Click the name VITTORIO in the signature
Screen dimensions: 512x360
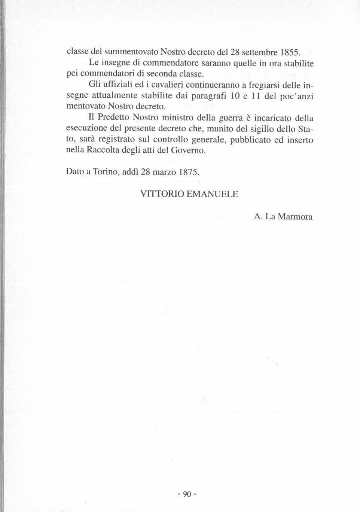pyautogui.click(x=161, y=194)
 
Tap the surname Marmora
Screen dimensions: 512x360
pyautogui.click(x=294, y=217)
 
